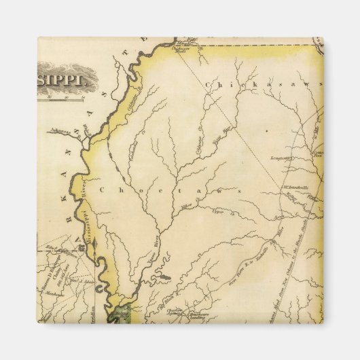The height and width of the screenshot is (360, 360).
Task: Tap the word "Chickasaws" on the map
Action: [262, 84]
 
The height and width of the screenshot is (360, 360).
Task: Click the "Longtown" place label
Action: [280, 158]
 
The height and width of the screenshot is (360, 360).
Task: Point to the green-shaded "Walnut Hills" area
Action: [120, 312]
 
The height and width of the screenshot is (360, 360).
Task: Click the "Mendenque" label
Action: [54, 295]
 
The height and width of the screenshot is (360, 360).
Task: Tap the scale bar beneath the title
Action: [65, 98]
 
